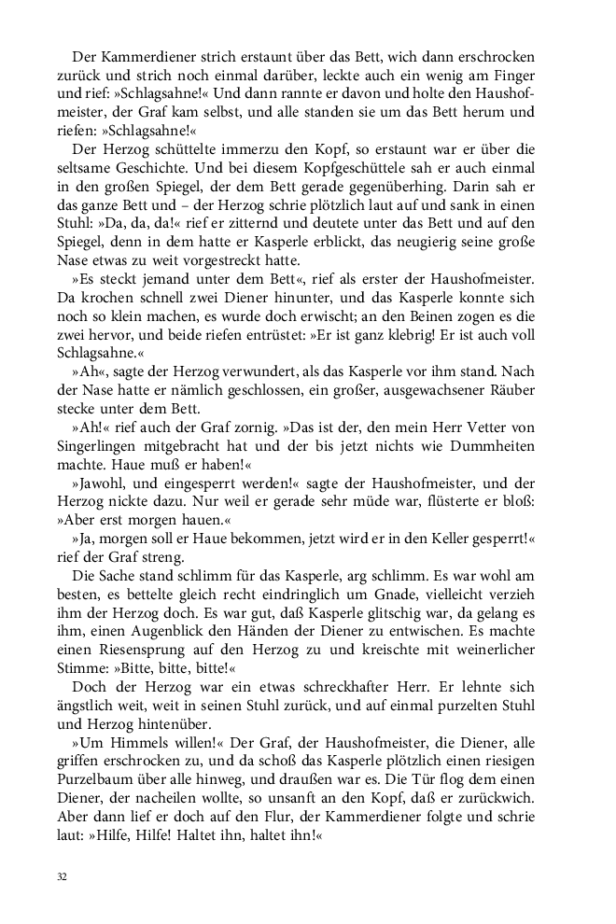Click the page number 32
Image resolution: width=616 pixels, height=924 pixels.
point(62,876)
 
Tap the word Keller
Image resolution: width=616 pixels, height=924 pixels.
point(445,541)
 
